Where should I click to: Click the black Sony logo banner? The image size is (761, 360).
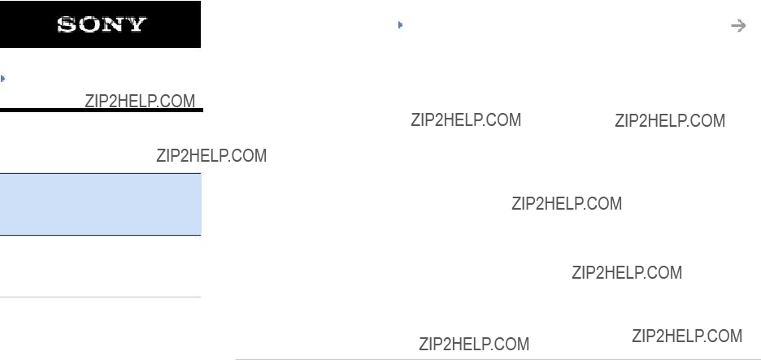tap(100, 24)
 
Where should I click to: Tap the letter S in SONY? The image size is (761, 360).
tap(67, 24)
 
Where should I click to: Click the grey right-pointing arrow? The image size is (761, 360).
tap(738, 26)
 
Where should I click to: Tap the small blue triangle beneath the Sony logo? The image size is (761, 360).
tap(3, 78)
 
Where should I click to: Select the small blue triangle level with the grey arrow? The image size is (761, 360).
tap(400, 24)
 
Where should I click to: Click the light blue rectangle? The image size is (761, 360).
tap(101, 204)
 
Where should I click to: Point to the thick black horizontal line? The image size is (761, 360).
tap(102, 111)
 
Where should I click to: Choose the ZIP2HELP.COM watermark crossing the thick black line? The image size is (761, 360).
tap(140, 101)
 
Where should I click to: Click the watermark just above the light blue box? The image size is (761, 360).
tap(211, 155)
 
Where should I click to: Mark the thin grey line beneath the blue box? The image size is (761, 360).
tap(101, 297)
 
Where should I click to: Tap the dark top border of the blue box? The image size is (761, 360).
tap(101, 173)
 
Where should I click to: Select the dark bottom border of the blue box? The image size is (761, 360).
tap(101, 236)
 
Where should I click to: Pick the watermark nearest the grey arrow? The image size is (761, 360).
tap(670, 120)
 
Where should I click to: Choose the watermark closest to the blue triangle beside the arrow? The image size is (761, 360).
tap(466, 119)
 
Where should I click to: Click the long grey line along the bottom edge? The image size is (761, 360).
tap(498, 359)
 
